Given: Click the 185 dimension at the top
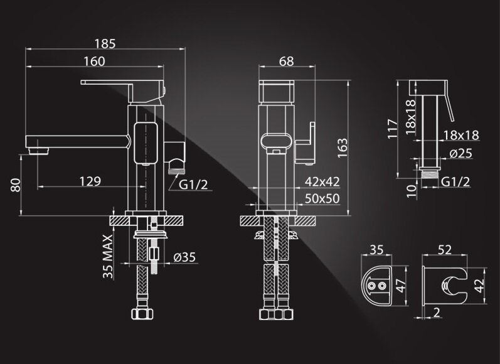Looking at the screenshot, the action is (x=105, y=44).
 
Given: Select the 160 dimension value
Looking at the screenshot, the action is (x=94, y=62).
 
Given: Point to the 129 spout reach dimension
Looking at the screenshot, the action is (x=90, y=181).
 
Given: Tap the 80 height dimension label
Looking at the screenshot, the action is (x=16, y=185).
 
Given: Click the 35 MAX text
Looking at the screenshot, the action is (x=108, y=257).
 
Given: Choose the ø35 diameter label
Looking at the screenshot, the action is (x=184, y=257).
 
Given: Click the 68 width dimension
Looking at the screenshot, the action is (x=286, y=62).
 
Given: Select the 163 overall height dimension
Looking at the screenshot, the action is (x=342, y=147).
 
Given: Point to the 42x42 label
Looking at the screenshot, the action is (x=322, y=181).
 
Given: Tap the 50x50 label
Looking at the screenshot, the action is (x=322, y=198).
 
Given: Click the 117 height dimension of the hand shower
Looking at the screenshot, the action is (x=393, y=129).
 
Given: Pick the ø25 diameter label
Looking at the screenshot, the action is (x=460, y=154).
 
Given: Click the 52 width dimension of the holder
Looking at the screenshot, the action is (x=445, y=250).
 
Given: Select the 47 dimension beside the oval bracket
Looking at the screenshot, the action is (x=401, y=286).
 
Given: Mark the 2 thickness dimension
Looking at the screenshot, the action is (x=437, y=313).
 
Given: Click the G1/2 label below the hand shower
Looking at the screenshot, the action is (x=455, y=182).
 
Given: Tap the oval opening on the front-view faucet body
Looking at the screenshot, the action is (x=276, y=141).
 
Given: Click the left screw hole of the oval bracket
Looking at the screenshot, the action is (x=372, y=286).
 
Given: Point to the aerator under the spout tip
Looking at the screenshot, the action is (x=39, y=151).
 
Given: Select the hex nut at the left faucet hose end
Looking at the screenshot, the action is (x=142, y=314).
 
